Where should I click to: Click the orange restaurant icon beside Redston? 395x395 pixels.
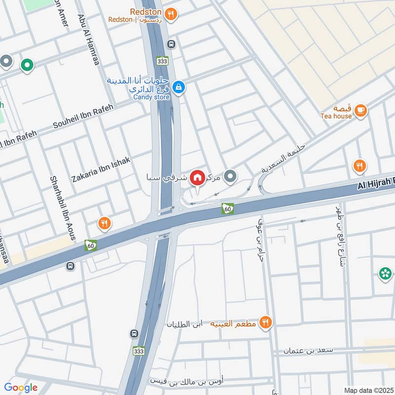(170, 14)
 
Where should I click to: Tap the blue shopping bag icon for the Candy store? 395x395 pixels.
(179, 87)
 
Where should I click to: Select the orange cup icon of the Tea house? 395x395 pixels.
(361, 111)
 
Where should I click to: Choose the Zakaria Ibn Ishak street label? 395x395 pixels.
(101, 169)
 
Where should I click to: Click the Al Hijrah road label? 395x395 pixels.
(375, 184)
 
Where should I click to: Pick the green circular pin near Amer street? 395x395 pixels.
(27, 64)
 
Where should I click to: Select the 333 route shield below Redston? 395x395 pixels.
(162, 61)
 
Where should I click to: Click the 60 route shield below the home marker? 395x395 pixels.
(228, 209)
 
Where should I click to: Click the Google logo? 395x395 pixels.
(21, 388)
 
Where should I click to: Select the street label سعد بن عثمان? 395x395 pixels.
(309, 350)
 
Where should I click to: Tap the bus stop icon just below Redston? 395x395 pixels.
(171, 43)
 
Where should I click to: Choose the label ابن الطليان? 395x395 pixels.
(185, 324)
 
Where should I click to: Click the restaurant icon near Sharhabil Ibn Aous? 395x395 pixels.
(104, 224)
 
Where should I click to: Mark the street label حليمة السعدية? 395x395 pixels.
(283, 159)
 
